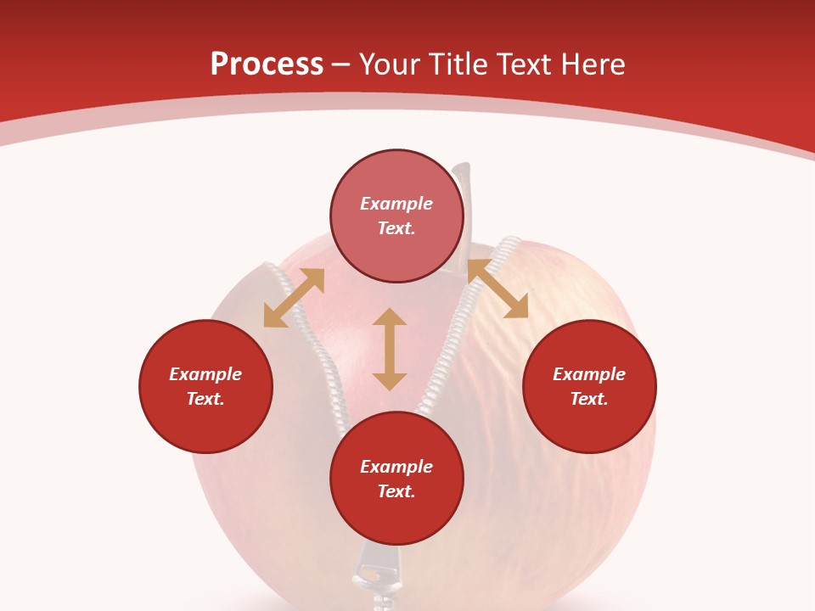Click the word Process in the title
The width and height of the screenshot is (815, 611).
coord(267,64)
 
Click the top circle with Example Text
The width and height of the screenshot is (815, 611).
coord(396,216)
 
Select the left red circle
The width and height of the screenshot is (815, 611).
coord(205,386)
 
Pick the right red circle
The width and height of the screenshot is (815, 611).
coord(589,386)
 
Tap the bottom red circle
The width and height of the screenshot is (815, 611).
coord(396,479)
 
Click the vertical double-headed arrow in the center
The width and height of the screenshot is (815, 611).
coord(390,349)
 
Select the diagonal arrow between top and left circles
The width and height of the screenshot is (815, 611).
coord(294,298)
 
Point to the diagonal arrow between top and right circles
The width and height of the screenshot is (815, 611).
coord(497,289)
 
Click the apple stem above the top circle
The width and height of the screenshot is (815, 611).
coord(464,174)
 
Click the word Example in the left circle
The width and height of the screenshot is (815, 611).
coord(205,374)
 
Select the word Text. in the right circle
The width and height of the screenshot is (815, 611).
coord(589,399)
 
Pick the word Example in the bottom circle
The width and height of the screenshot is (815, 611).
coord(396,467)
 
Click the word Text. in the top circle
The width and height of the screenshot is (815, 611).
coord(396,228)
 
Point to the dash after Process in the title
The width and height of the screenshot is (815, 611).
coord(341,64)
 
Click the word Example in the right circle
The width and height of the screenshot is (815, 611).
coord(589,374)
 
